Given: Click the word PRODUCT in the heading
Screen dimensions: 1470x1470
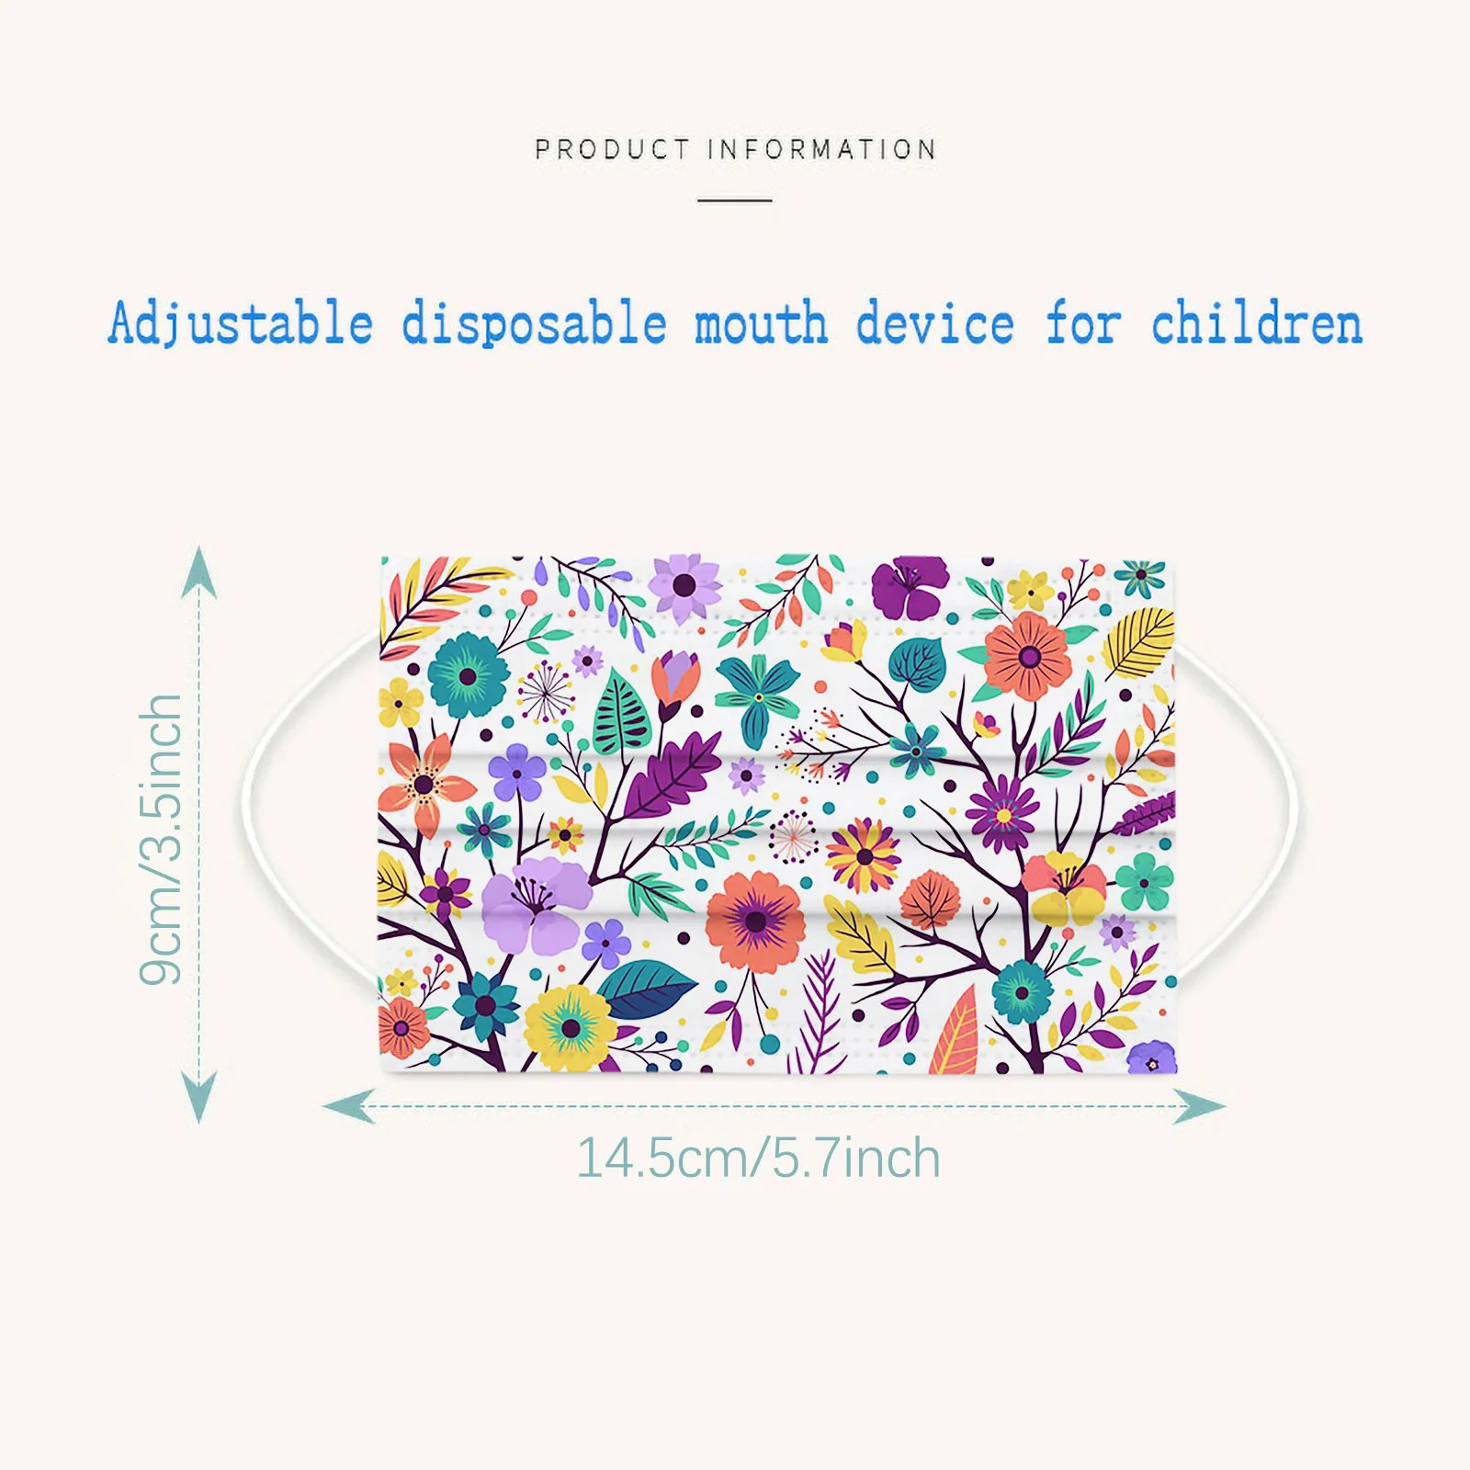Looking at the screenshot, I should click(612, 149).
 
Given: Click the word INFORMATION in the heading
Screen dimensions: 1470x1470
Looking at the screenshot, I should click(822, 149).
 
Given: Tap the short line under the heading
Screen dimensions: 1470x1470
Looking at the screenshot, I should click(734, 199).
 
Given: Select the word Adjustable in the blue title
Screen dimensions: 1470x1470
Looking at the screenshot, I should click(241, 324).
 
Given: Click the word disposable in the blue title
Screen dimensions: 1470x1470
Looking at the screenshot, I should click(534, 324).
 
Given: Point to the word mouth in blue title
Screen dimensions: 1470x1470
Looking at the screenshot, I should click(761, 324).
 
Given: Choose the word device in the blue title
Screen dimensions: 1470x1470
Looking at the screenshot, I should click(935, 324).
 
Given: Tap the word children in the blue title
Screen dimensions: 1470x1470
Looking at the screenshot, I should click(1257, 324).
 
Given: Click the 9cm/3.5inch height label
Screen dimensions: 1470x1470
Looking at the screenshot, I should click(162, 839).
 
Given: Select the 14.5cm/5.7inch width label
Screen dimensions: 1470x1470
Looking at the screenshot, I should click(758, 1159).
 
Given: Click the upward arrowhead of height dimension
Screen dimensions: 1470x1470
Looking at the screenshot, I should click(198, 570).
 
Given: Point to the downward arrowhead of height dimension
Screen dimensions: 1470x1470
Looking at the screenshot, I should click(198, 1098).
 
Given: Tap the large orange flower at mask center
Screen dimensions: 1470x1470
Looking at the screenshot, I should click(756, 921).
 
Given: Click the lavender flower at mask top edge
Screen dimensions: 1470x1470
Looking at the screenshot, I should click(684, 585).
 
